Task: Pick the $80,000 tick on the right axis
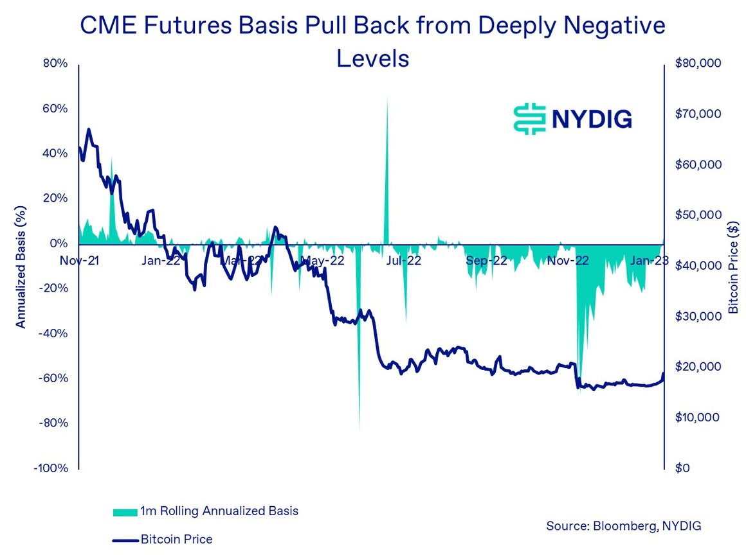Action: (x=698, y=64)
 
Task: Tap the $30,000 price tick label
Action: (x=698, y=317)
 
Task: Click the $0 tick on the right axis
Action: (x=682, y=468)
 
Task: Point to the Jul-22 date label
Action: (x=404, y=261)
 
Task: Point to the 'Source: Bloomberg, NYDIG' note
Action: (x=623, y=526)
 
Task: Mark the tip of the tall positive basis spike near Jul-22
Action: (x=387, y=96)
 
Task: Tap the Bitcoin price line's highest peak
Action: (x=88, y=129)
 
